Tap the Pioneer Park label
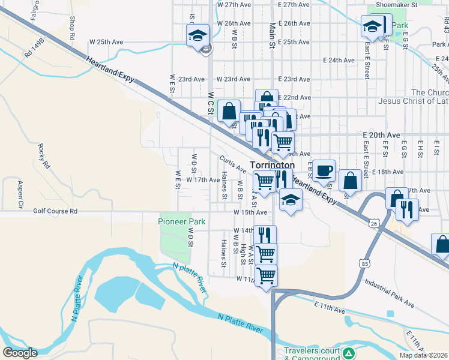coord(182,221)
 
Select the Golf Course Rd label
coord(55,211)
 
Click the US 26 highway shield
coord(373,223)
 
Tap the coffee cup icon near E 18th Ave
coord(324,170)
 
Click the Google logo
coord(20,353)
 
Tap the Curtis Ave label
coord(233,163)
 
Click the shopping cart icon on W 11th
coord(266,276)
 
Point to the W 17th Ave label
coord(203,179)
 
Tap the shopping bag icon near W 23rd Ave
coord(229,111)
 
